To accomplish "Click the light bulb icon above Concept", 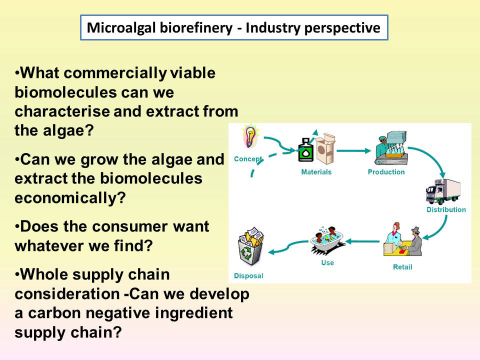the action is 250,136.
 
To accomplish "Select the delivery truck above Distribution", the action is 443,191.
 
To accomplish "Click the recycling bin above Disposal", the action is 250,245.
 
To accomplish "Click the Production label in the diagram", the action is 386,172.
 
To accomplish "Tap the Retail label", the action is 402,267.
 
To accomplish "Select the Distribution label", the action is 446,209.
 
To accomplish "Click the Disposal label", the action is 248,276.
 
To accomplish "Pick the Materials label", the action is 316,172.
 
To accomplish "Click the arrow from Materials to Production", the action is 353,150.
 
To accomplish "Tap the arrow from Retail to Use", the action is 362,241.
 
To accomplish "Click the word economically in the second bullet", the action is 70,198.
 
